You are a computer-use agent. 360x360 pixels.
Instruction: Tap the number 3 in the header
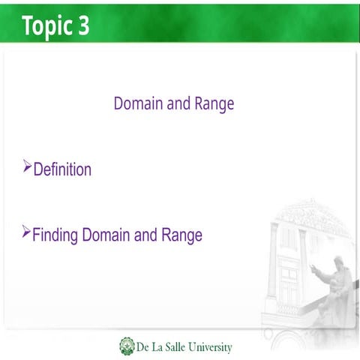tap(83, 25)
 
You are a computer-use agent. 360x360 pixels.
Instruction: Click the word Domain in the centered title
tap(138, 103)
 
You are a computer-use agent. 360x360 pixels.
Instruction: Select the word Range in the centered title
tap(214, 104)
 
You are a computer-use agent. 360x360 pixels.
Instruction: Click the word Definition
tap(62, 169)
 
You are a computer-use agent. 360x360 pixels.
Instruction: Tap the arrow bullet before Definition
tap(28, 165)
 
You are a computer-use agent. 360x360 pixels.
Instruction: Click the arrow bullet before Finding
tap(28, 231)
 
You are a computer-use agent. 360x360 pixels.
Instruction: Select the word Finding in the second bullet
tap(55, 235)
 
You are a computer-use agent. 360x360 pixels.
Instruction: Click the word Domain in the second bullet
tap(106, 235)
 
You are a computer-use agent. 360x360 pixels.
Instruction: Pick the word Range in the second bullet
tap(182, 236)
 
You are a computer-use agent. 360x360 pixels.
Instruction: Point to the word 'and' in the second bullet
tap(146, 235)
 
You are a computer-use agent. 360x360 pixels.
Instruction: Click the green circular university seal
tap(127, 346)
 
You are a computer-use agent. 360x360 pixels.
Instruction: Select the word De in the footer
tap(142, 347)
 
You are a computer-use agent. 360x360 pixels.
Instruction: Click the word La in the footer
tap(155, 347)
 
